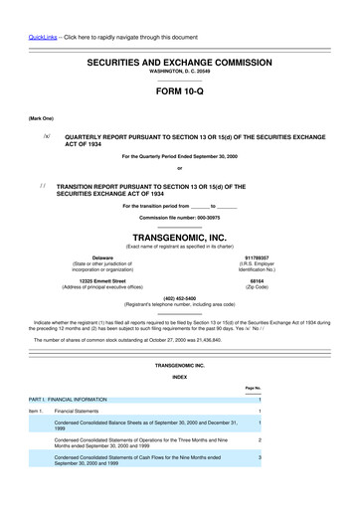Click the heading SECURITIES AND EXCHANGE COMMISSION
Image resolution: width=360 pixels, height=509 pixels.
179,62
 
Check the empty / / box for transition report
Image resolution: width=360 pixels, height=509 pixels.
45,185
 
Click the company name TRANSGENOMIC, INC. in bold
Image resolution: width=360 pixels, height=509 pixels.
179,238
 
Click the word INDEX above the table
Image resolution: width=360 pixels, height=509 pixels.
179,378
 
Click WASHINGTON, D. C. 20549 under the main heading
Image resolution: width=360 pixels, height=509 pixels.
179,72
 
